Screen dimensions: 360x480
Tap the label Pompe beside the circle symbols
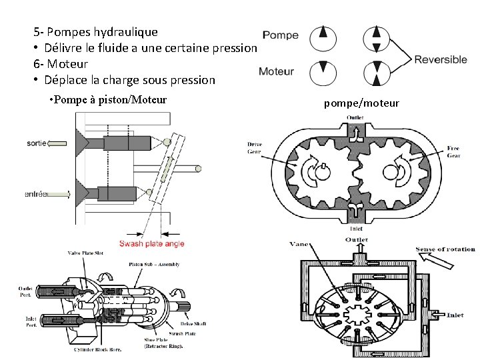(x=280, y=35)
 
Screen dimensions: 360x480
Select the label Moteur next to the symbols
(x=276, y=71)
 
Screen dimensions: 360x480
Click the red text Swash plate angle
(x=151, y=243)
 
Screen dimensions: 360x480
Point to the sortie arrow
(x=59, y=143)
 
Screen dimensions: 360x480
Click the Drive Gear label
(x=255, y=147)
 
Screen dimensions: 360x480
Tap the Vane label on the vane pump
(x=299, y=245)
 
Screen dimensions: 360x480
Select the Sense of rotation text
(x=445, y=249)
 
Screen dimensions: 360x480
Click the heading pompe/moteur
(x=361, y=103)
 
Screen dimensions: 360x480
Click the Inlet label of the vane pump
(x=455, y=315)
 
